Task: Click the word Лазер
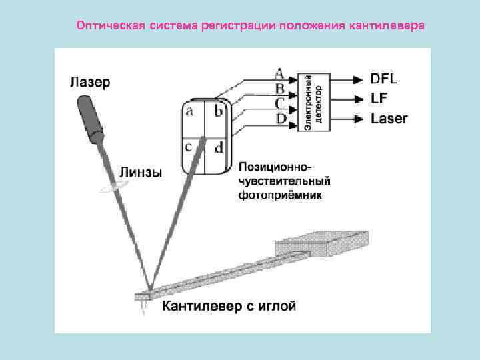coord(91,83)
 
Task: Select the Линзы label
coord(140,172)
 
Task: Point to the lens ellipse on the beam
coord(113,189)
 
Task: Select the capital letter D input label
coord(281,118)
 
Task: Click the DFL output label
coord(384,79)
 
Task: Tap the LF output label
coord(378,99)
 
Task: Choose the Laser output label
coord(389,119)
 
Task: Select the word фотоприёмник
coord(281,196)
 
